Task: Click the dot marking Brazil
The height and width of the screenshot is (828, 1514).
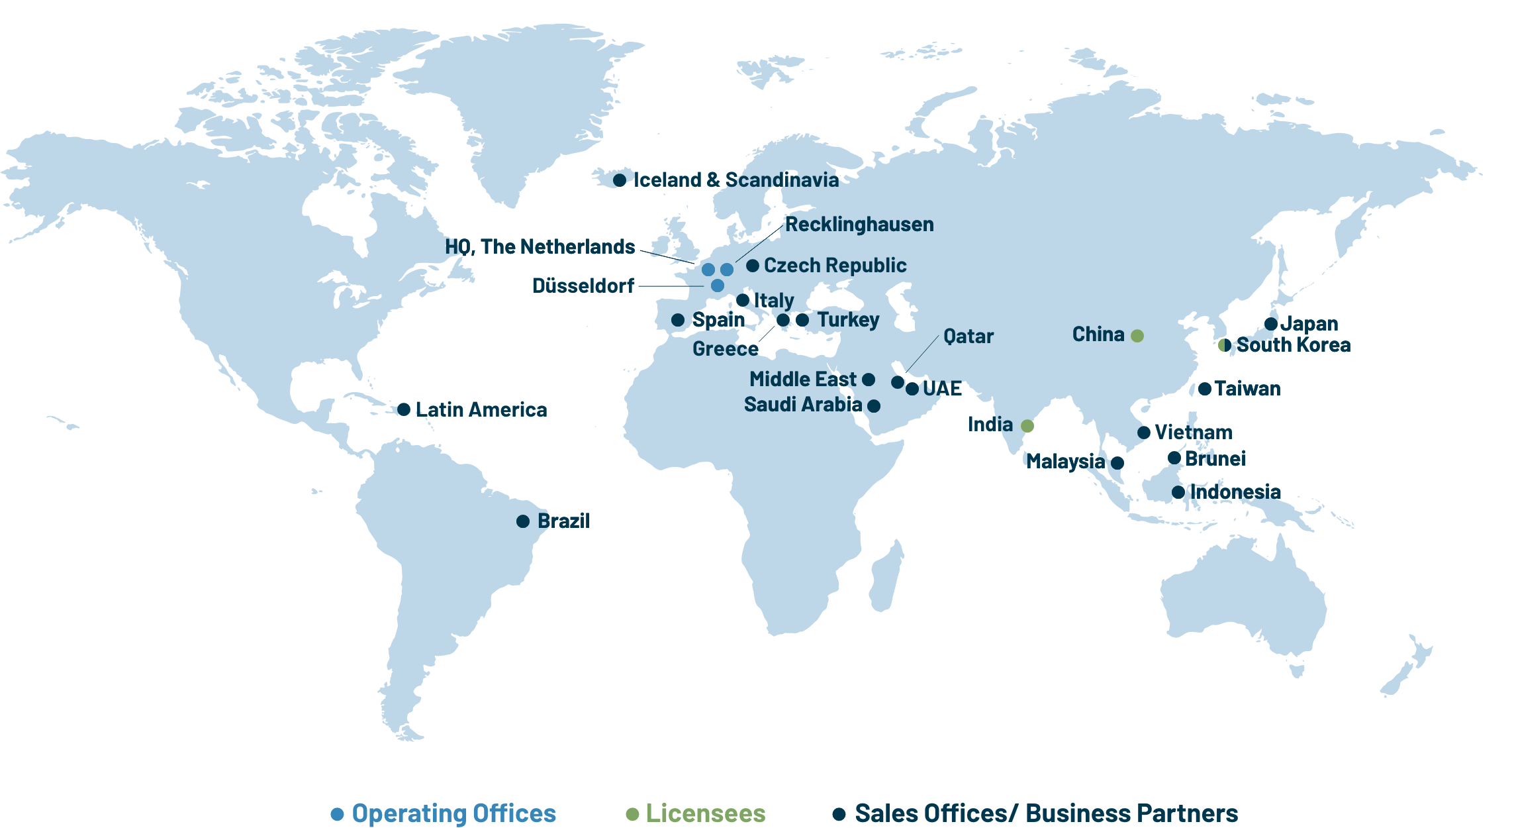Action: point(523,521)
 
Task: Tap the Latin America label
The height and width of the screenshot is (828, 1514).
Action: point(481,409)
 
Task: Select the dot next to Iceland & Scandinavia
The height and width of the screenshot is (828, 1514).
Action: point(620,180)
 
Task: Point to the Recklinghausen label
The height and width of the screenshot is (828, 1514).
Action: point(859,225)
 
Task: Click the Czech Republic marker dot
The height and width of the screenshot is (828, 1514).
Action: point(753,266)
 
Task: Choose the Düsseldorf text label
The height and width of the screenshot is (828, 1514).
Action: point(583,285)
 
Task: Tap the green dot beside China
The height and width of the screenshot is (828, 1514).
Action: point(1137,336)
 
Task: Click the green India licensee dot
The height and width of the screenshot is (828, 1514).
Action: point(1027,426)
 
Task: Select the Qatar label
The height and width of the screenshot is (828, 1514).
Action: point(969,336)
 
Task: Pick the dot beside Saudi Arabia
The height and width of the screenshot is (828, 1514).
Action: point(874,406)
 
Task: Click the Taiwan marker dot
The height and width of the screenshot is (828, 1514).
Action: point(1205,389)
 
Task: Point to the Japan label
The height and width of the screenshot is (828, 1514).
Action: point(1309,324)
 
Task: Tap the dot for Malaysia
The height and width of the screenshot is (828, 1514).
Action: point(1117,463)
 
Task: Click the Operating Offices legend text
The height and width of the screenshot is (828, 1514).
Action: point(453,813)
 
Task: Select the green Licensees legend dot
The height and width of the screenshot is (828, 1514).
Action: point(632,814)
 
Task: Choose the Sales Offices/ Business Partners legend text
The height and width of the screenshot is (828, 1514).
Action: point(1046,813)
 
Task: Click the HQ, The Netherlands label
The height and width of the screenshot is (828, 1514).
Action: point(540,246)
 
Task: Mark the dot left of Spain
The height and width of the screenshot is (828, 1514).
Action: point(678,320)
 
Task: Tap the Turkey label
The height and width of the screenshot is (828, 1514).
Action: point(848,320)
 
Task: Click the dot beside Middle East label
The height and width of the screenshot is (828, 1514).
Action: point(869,380)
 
